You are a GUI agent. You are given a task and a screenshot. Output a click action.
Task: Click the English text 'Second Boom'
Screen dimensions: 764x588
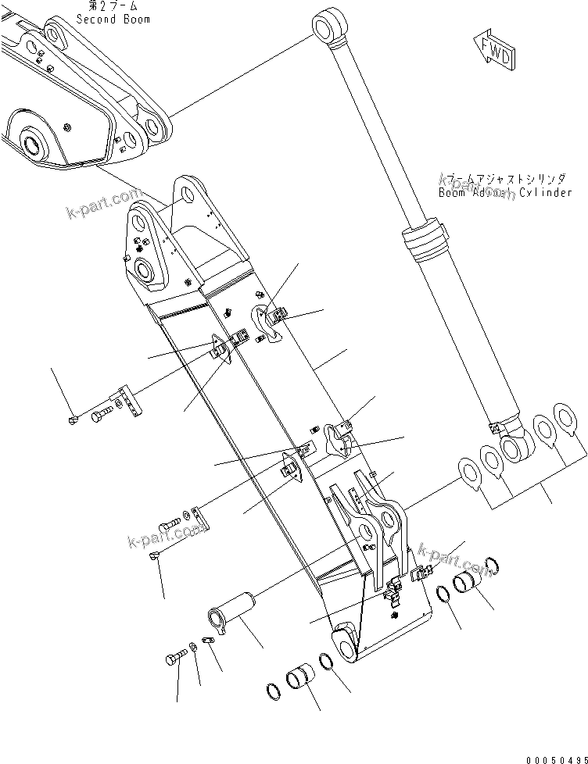(x=113, y=19)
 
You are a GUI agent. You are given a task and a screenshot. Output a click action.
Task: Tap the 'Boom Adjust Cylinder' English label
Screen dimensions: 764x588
(x=504, y=192)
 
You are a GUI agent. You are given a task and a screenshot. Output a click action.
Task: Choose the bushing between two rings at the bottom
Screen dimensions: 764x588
(x=299, y=677)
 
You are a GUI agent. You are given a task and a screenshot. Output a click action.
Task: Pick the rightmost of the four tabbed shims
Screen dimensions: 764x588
(x=565, y=415)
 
